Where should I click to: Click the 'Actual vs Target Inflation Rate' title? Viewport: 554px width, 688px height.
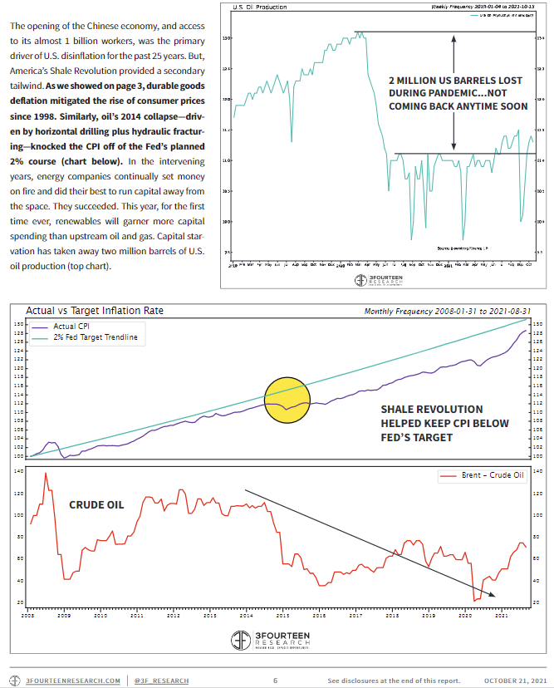95,311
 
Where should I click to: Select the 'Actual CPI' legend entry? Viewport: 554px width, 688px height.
73,327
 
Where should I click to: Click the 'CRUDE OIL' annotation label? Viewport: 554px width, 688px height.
96,504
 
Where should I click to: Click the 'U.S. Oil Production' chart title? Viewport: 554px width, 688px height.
260,7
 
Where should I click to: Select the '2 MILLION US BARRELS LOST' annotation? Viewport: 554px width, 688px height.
456,81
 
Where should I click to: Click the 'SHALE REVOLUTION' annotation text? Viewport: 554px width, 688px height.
431,410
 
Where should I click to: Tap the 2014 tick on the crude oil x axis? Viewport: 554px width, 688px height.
247,616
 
